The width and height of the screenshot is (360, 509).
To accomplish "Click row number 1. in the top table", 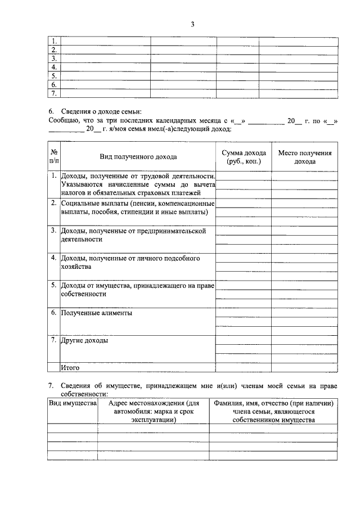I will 54,42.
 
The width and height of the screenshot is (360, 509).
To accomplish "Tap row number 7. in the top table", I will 54,93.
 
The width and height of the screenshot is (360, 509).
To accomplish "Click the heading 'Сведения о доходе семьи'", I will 98,112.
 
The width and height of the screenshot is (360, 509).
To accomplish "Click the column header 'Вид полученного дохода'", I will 138,157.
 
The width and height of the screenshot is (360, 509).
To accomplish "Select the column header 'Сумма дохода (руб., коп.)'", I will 244,157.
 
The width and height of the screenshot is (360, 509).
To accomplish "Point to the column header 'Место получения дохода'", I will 305,157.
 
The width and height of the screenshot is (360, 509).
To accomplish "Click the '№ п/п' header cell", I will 54,157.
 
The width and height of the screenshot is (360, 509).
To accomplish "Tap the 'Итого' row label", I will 70,368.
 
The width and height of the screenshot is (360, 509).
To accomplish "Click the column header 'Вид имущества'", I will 73,404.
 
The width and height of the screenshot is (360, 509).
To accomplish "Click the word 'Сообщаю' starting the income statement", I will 64,120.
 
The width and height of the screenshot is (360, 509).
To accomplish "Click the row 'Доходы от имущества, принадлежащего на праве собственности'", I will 137,290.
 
